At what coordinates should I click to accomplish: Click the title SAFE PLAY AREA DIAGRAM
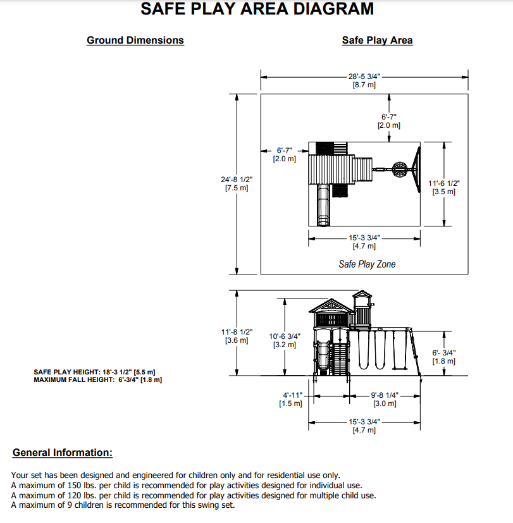(257, 9)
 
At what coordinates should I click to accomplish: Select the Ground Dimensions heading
(135, 40)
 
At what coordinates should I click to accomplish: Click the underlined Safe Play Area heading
(377, 40)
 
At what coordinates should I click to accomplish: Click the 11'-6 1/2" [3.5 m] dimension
(443, 187)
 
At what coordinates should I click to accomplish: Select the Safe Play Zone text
(367, 264)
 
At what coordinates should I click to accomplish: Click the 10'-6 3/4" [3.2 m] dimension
(285, 341)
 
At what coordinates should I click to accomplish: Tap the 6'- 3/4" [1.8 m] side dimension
(443, 357)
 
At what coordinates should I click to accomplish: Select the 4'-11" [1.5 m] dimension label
(291, 399)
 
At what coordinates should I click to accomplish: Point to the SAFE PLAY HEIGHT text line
(94, 372)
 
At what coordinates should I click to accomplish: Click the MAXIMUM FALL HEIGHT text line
(97, 379)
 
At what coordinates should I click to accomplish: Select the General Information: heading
(62, 452)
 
